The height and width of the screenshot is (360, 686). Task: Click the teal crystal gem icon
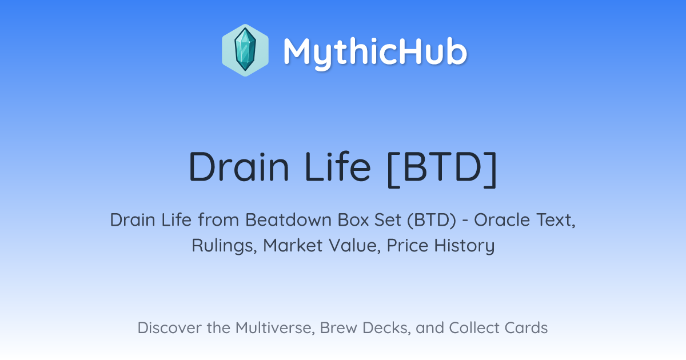coord(245,50)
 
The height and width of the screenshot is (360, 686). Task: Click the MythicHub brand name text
coord(375,53)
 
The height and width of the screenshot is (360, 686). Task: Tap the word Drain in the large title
coord(239,167)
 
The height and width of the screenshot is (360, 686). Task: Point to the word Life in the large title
coord(338,166)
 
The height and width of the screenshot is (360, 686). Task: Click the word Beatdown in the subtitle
coord(289,220)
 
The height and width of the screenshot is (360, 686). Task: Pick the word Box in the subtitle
coord(353,220)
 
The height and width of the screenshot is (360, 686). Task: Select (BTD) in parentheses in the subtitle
coord(432,220)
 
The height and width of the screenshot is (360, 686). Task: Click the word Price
coord(407,245)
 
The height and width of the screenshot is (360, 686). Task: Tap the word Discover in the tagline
coord(169,328)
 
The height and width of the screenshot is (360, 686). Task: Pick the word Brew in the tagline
coord(338,328)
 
